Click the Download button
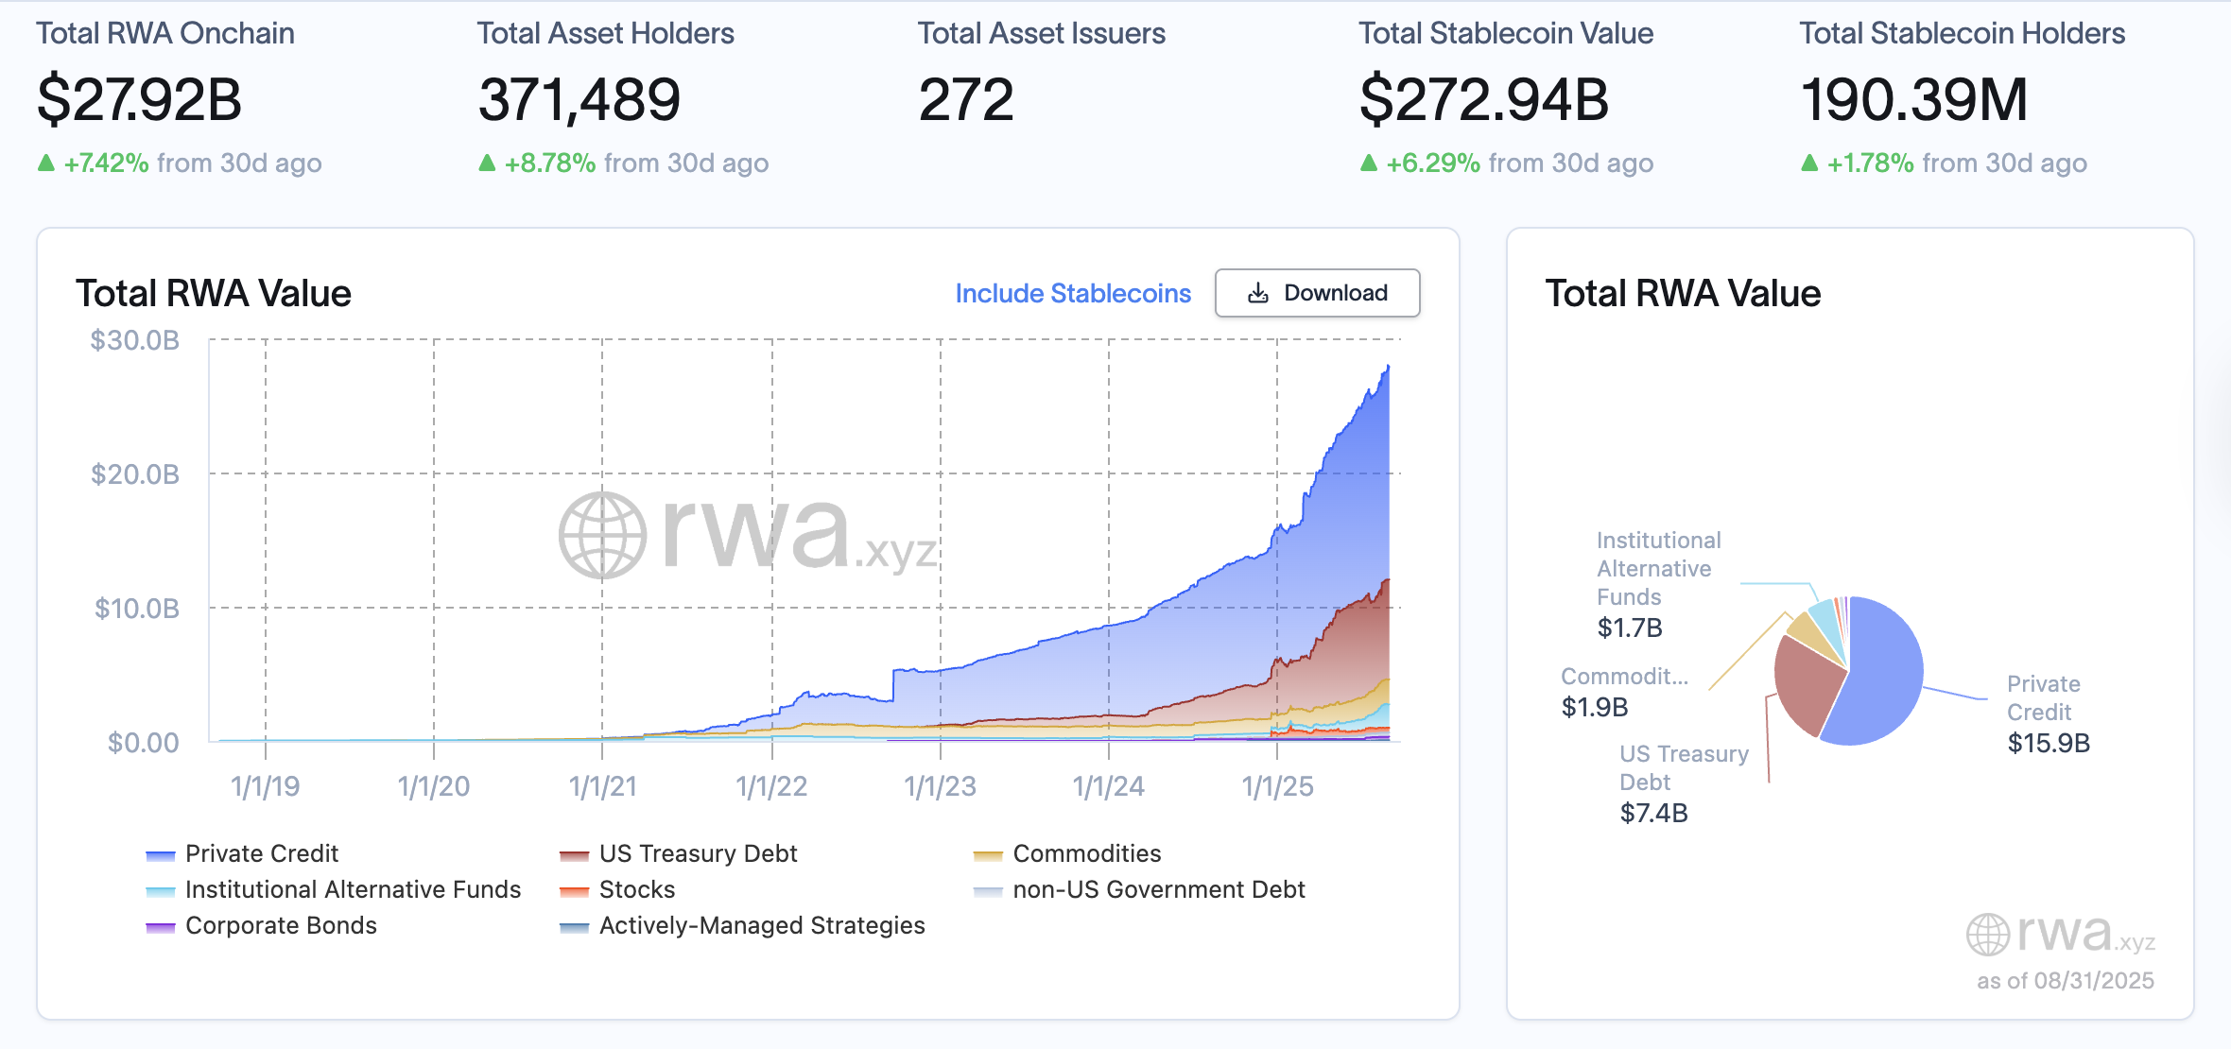1317,293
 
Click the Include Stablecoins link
1072,294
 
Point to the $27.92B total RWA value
140,100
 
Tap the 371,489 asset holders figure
579,100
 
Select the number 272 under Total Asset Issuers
965,100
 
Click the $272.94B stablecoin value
1483,100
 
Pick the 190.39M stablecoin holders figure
1913,100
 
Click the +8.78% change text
549,163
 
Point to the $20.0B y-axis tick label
135,474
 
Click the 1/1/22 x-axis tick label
771,786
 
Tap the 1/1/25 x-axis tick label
1277,786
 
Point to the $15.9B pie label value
2049,744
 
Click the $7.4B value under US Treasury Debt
1653,813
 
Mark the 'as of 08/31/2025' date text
2065,981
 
